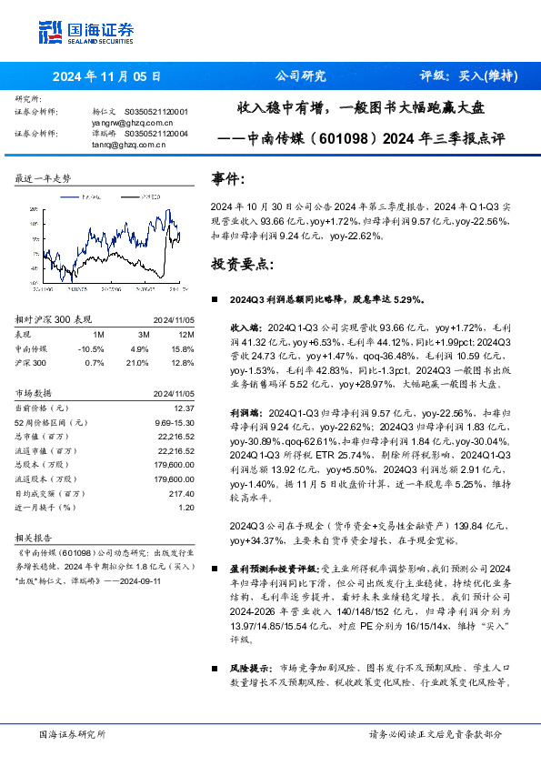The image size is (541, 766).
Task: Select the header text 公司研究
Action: [x=299, y=76]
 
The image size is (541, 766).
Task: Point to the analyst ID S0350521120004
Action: [x=156, y=132]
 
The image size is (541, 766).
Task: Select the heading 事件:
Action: [x=227, y=179]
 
